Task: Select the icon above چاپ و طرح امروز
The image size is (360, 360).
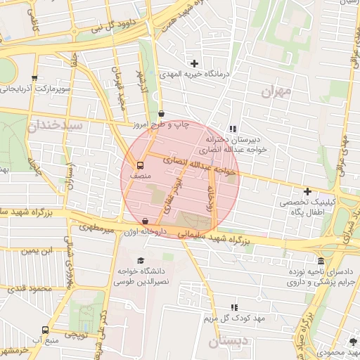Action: point(162,113)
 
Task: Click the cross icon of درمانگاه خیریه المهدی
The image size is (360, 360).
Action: point(194,64)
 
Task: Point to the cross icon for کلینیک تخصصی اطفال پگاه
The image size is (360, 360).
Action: point(307,191)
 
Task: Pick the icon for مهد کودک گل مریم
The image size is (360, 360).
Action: point(233,307)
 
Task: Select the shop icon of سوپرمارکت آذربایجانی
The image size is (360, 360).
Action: point(34,79)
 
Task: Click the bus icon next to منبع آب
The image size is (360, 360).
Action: point(46,330)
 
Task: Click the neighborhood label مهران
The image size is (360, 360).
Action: point(275,91)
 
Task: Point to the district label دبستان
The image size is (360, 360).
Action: point(224,342)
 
